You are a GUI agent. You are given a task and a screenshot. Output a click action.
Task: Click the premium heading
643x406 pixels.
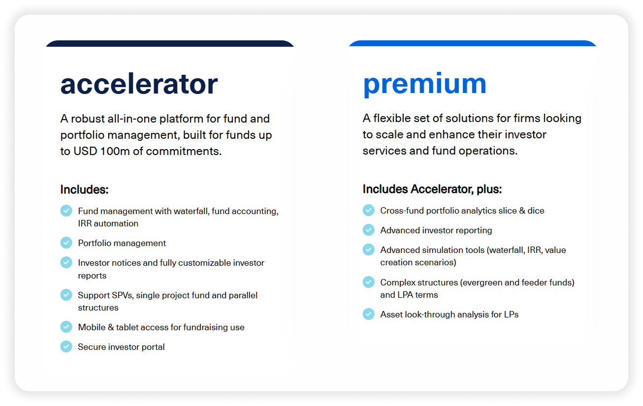pos(424,84)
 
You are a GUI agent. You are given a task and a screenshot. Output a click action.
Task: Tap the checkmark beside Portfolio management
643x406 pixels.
pos(66,243)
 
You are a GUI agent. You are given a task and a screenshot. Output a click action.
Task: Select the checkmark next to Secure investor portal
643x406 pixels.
pos(66,346)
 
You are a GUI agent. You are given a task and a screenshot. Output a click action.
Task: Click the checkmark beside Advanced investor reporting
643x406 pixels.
pos(368,230)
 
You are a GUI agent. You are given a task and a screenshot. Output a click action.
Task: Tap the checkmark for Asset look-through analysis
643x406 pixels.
pos(368,314)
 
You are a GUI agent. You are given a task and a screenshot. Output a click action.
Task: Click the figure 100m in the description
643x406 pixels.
pos(115,151)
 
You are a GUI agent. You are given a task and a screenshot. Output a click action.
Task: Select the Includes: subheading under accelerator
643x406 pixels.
pos(84,189)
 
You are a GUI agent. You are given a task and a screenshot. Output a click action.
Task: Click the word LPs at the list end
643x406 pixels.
pos(511,314)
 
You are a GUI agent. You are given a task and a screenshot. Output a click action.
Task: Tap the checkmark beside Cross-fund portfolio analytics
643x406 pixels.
pos(368,210)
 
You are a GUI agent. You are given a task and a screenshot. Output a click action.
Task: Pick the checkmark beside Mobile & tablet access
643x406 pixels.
pos(66,327)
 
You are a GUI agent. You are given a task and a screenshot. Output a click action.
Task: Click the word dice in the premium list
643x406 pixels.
pos(536,211)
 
